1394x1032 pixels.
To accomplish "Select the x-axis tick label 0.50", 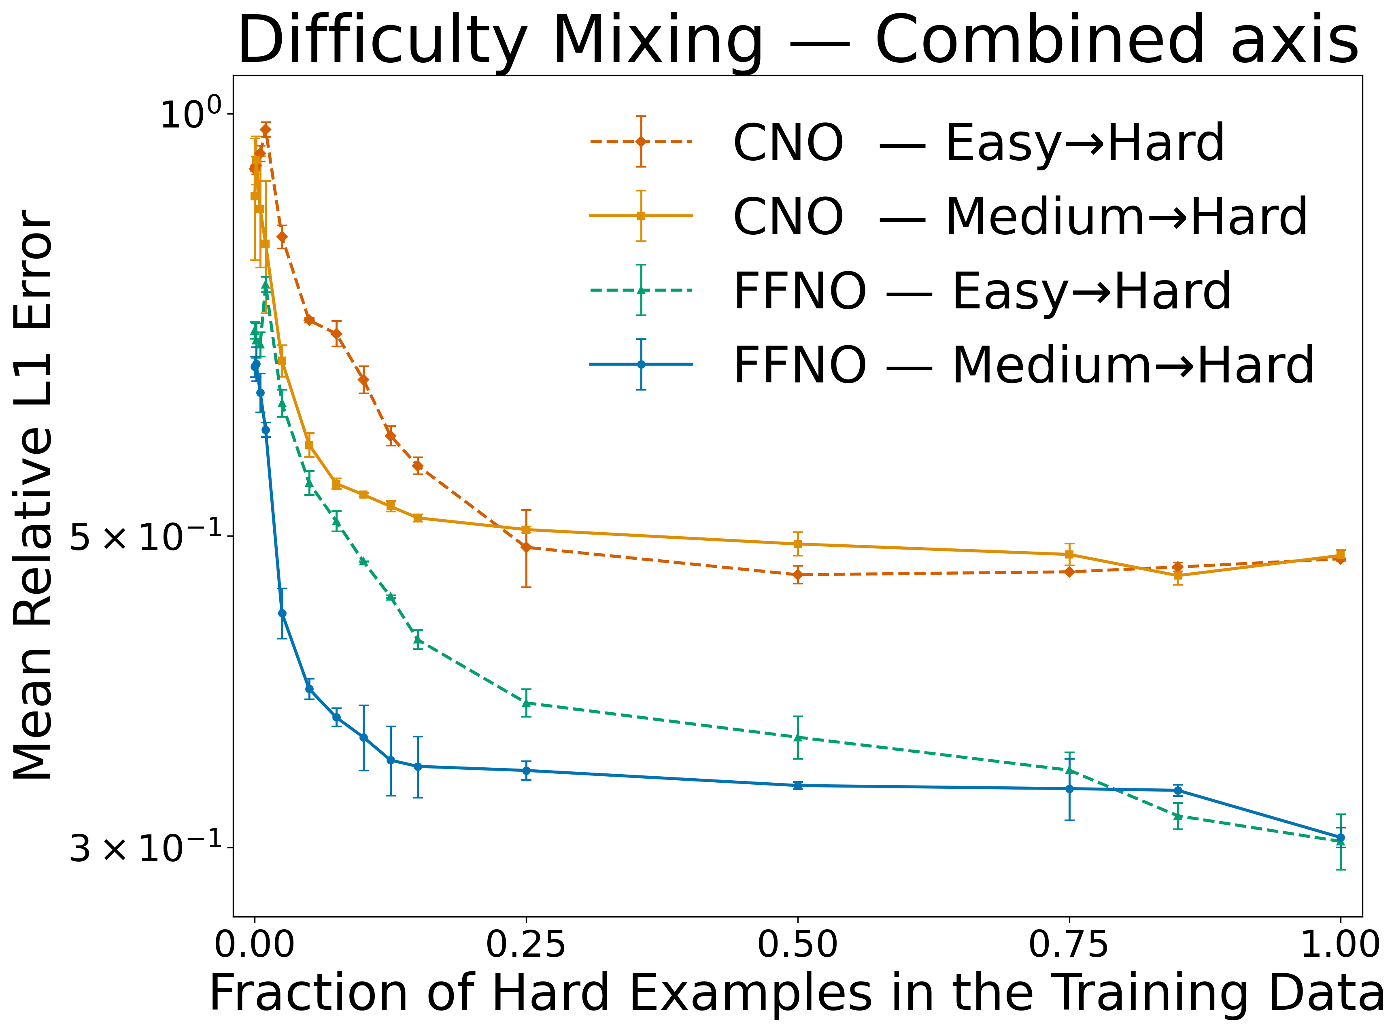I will point(797,945).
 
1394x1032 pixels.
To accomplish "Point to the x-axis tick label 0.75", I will point(1069,945).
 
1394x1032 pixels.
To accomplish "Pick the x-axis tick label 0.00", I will point(254,945).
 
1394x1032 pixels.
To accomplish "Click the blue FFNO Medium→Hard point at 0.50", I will point(797,785).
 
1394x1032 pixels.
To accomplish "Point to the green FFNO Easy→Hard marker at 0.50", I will point(797,737).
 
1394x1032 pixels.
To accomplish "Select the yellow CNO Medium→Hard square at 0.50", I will point(797,544).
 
